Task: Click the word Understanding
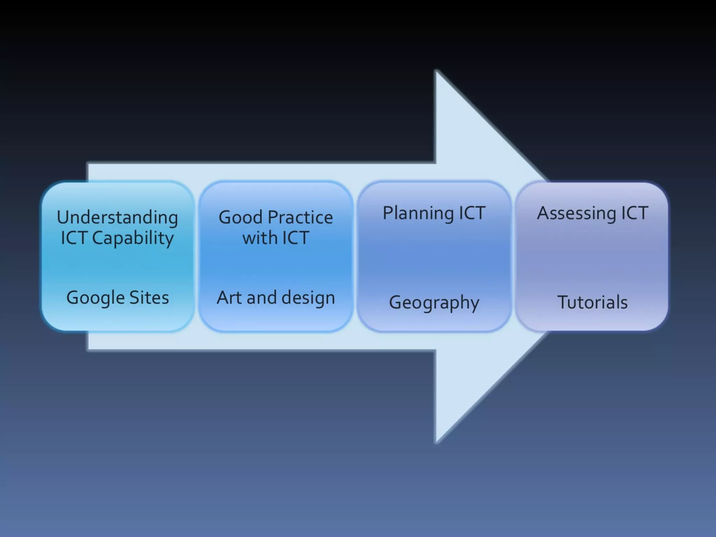117,218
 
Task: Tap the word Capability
133,238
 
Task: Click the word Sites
149,298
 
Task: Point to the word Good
241,217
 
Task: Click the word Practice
300,217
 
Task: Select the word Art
229,298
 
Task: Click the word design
308,298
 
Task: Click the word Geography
434,303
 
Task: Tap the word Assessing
577,213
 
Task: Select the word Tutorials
593,302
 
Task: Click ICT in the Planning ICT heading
472,213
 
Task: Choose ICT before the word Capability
74,238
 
